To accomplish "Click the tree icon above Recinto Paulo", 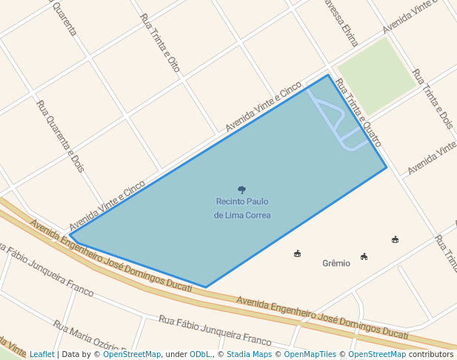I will click(x=241, y=190).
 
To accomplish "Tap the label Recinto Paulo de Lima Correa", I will click(x=242, y=208).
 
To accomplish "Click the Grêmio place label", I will click(x=336, y=263).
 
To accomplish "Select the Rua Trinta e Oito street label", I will click(x=160, y=43).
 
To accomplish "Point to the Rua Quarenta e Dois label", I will click(x=60, y=136).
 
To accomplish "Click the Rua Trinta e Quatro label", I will click(x=358, y=113).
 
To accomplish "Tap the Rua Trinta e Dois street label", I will click(x=433, y=99).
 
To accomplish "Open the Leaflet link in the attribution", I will click(x=41, y=354).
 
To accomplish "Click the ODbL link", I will click(x=200, y=354).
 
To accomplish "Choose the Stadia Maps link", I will click(x=249, y=354).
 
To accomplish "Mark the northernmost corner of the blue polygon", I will click(x=328, y=75).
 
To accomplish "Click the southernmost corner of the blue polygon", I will click(x=206, y=287).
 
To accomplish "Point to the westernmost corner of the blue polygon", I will click(x=70, y=236).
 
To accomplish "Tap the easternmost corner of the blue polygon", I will click(x=387, y=168).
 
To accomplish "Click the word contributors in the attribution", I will click(x=430, y=354).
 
